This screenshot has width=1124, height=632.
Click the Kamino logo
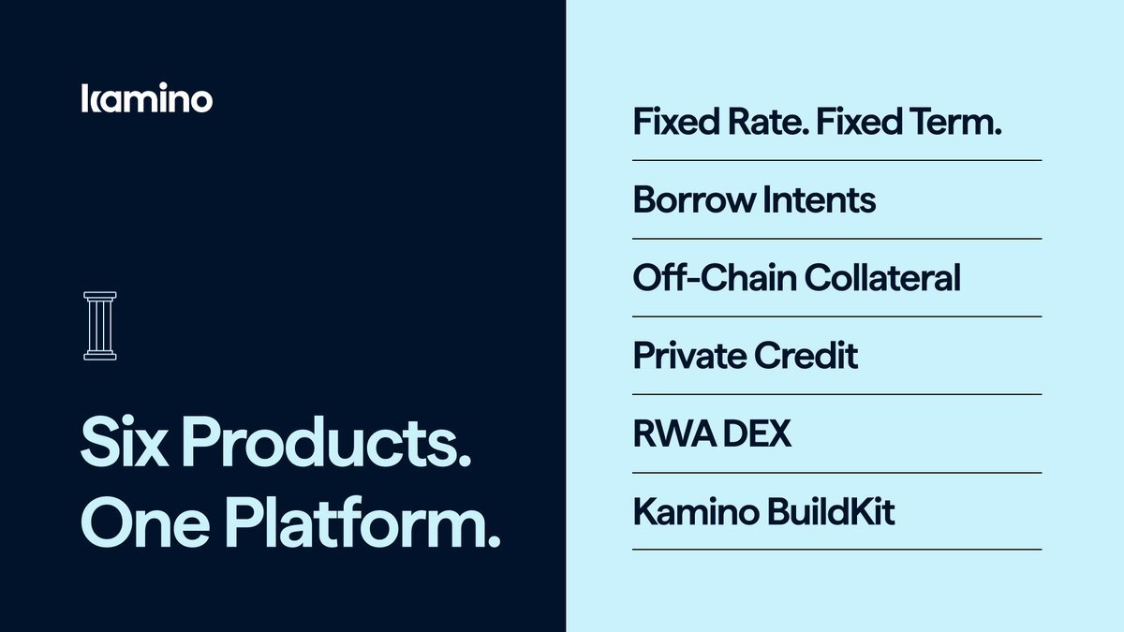[x=147, y=98]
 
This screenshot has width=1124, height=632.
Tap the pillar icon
[x=99, y=326]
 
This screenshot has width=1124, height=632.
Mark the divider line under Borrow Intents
[x=836, y=239]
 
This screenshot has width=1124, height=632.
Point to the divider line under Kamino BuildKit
[x=836, y=550]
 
